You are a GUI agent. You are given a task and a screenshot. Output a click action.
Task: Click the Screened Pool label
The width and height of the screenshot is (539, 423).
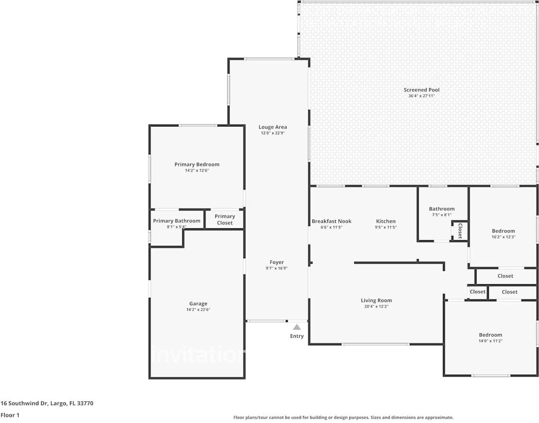[x=421, y=90]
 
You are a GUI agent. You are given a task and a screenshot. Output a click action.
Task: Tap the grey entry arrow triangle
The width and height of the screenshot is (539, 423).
[x=297, y=327]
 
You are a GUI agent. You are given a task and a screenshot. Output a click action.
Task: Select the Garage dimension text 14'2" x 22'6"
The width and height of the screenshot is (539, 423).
[x=198, y=310]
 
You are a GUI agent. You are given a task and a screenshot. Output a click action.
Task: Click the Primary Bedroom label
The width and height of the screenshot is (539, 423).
[x=197, y=164]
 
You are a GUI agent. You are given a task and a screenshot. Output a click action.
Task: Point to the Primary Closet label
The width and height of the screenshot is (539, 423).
[x=225, y=219]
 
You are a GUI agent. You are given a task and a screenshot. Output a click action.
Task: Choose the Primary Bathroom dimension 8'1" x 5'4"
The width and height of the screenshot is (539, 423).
[x=177, y=227]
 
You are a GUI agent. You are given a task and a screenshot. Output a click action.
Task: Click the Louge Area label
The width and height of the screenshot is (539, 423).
[x=273, y=127]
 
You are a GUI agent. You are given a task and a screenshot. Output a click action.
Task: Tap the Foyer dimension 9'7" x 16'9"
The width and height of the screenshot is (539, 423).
[x=277, y=268]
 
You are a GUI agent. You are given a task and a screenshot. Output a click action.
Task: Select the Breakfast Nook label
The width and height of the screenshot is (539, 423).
[x=331, y=221]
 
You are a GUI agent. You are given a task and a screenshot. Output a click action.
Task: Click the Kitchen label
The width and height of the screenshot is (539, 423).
[x=386, y=221]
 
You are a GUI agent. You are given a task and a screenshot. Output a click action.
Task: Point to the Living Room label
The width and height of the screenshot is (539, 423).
[x=376, y=300]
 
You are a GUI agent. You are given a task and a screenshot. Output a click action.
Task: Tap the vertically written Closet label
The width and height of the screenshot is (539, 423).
[x=459, y=231]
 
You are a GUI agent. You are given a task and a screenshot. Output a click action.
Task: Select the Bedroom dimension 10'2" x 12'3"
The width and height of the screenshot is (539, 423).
[x=503, y=237]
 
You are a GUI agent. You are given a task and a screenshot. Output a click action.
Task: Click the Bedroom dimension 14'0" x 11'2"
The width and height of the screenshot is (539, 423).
[x=490, y=341]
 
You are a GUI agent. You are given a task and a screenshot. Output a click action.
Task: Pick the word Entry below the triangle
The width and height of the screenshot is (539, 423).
[x=297, y=336]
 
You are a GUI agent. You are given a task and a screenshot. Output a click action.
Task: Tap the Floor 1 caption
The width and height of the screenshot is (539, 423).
[x=10, y=415]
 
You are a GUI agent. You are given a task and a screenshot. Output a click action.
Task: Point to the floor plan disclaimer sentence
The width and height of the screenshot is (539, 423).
[x=343, y=417]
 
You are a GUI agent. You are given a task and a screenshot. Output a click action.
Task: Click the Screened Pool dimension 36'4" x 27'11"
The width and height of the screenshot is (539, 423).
[x=421, y=96]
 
